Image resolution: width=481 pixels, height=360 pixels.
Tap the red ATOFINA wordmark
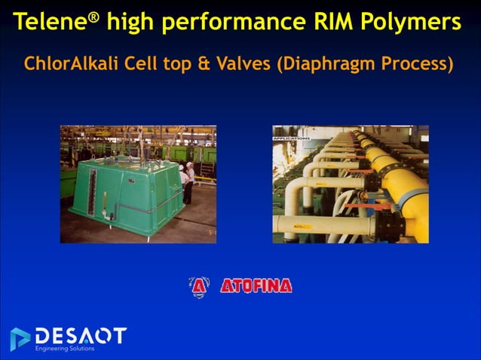(x=256, y=286)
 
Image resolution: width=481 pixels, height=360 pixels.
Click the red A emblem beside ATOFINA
(x=198, y=286)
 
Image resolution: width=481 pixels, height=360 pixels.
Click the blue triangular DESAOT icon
(x=20, y=338)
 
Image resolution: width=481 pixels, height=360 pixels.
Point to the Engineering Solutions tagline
(x=65, y=349)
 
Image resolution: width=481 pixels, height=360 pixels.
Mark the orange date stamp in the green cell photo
(x=210, y=233)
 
